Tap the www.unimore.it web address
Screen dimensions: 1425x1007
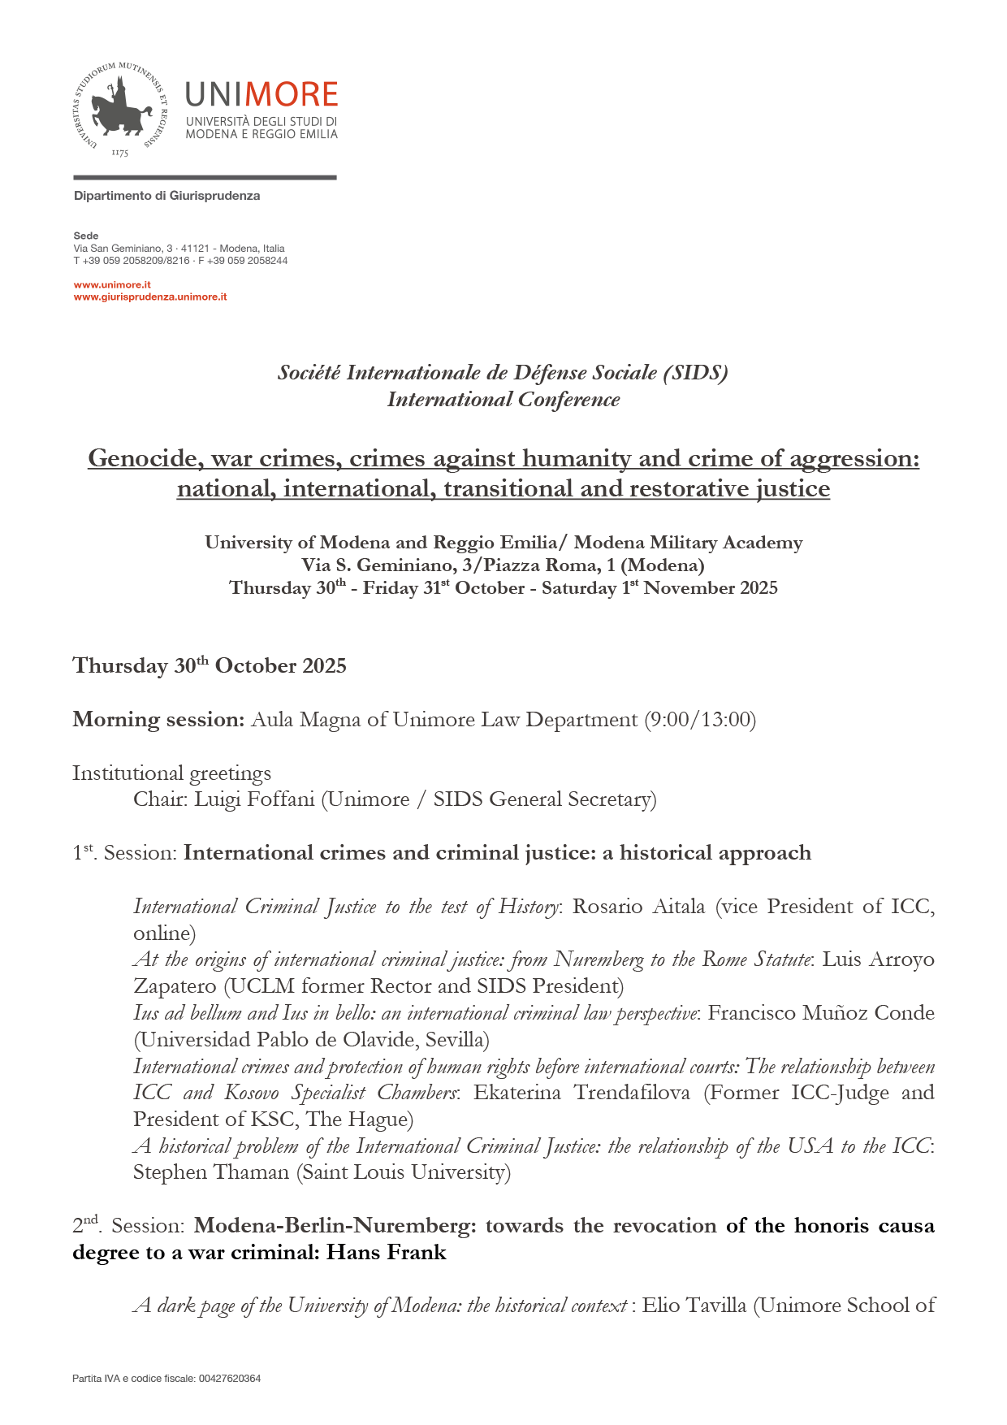(112, 285)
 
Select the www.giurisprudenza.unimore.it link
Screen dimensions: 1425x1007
(150, 297)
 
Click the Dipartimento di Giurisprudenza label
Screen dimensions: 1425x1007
(166, 196)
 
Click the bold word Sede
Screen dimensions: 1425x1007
(86, 236)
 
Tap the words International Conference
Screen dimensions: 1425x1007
(503, 400)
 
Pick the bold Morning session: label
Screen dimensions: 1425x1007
(158, 720)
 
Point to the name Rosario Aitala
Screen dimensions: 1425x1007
(638, 907)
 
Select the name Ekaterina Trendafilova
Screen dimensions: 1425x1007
(581, 1093)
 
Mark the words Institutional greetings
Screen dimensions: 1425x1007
(171, 773)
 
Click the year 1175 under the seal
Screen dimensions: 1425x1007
(119, 153)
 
